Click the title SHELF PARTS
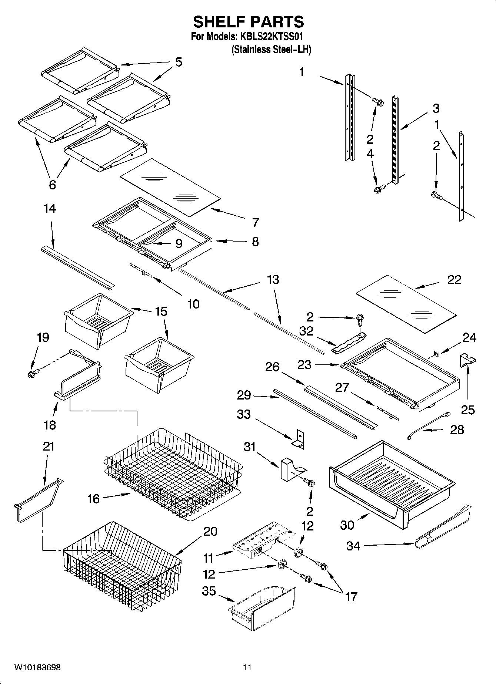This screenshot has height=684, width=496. click(248, 22)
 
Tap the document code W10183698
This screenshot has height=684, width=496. click(37, 667)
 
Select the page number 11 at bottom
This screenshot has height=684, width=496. click(247, 667)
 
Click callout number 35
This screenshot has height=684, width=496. click(209, 591)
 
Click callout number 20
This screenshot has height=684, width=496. click(210, 531)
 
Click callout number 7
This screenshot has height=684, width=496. click(255, 223)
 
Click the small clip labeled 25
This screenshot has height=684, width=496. click(467, 360)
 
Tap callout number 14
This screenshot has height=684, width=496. click(50, 209)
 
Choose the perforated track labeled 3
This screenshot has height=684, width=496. click(395, 141)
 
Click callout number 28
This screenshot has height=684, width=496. click(456, 430)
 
